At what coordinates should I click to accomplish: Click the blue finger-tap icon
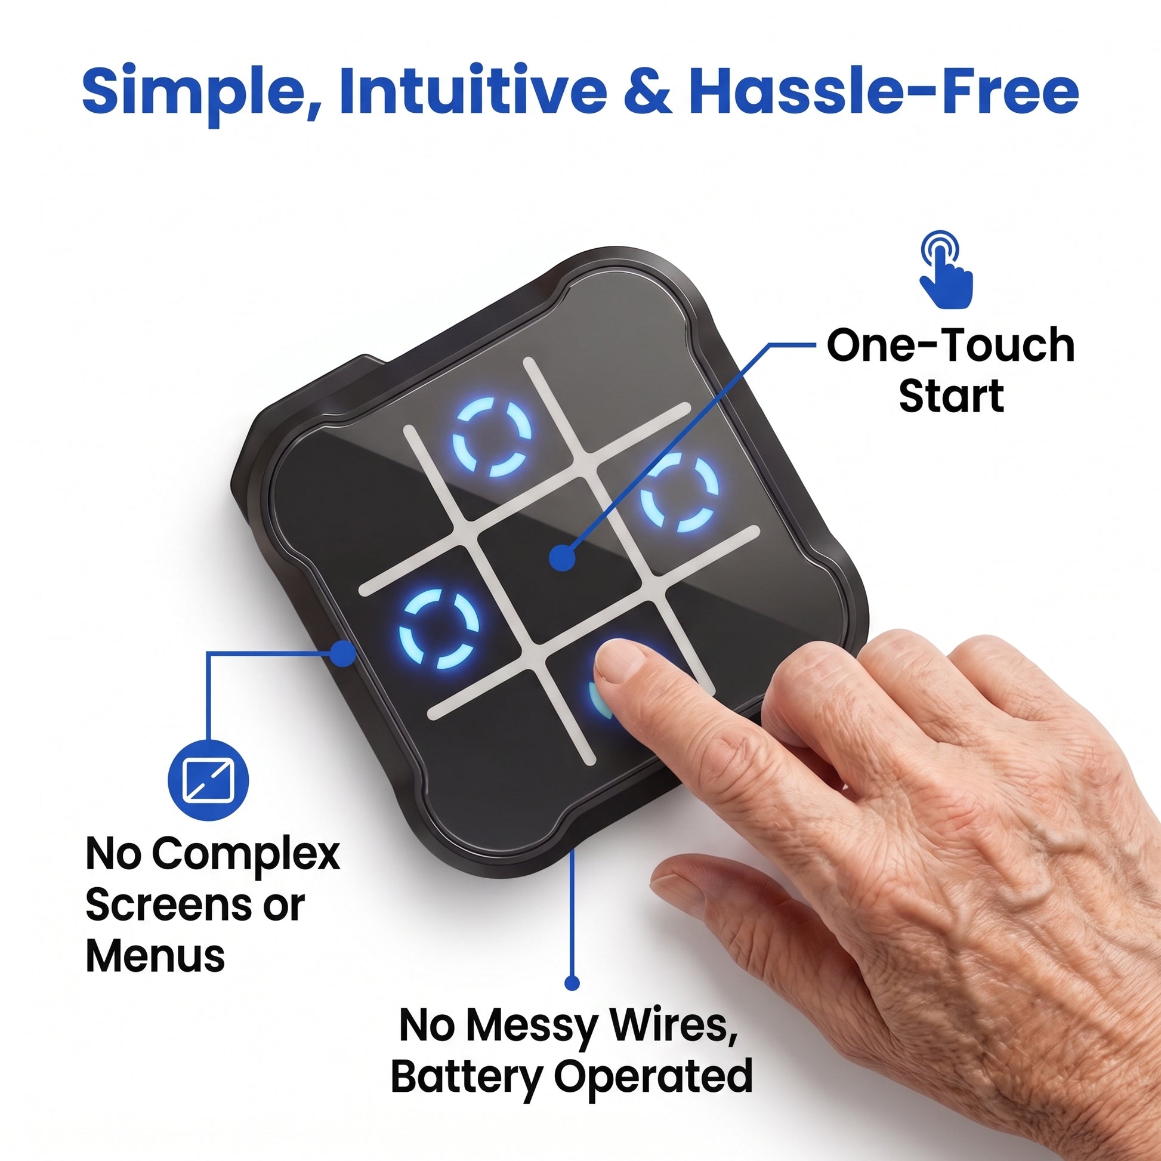(945, 269)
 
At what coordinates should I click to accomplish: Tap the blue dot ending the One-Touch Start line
(562, 558)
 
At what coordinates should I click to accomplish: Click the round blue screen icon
(208, 780)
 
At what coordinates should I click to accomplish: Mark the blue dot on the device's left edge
(343, 653)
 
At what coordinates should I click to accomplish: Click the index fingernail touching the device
(619, 660)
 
